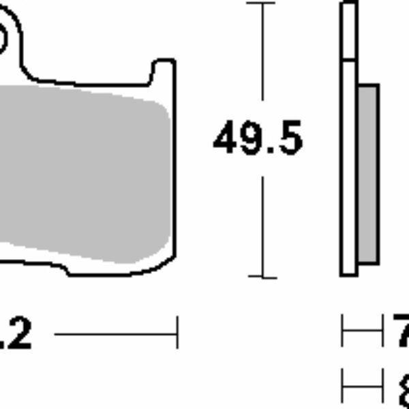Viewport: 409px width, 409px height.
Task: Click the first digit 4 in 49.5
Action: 226,139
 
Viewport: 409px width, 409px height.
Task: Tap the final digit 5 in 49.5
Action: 289,139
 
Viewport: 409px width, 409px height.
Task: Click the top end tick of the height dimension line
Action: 261,3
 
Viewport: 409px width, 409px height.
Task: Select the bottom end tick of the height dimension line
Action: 261,277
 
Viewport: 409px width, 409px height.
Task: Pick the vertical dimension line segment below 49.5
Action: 261,225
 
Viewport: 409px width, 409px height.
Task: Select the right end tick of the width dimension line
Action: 177,333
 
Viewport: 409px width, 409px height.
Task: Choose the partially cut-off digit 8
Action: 402,387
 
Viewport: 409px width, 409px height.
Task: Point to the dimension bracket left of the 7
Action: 361,333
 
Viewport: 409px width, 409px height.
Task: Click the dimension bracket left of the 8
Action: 361,387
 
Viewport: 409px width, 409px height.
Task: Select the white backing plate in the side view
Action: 348,170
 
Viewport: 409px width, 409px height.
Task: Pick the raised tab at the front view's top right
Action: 163,71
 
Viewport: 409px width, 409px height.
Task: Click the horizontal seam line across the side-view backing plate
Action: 348,60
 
